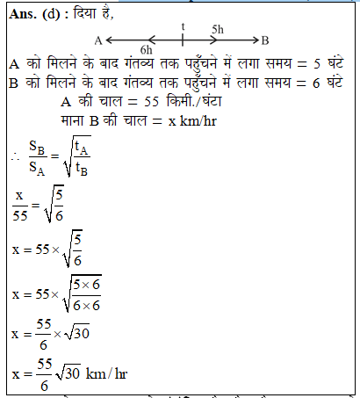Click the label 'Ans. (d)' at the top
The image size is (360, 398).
click(x=32, y=13)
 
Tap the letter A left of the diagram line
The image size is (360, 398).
click(x=97, y=40)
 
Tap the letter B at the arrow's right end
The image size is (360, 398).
click(x=265, y=40)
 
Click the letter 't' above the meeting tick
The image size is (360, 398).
click(x=183, y=26)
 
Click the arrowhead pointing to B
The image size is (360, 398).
click(x=254, y=40)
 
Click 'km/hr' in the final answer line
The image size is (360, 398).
click(x=106, y=375)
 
